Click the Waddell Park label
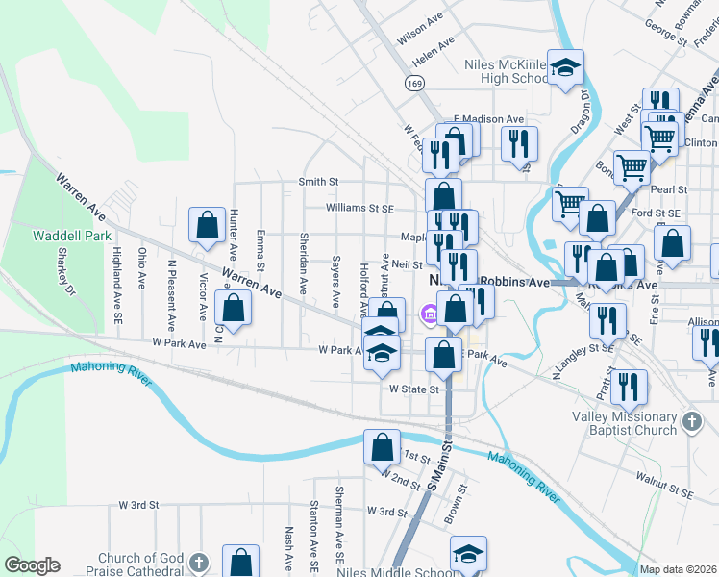point(72,235)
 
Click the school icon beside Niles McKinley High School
point(566,67)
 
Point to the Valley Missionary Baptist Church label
point(625,423)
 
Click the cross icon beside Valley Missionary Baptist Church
point(691,420)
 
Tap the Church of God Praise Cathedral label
point(145,564)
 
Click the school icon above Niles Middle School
point(468,554)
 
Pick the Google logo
point(32,565)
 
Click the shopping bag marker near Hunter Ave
point(208,226)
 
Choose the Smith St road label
point(319,181)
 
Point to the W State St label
point(413,389)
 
